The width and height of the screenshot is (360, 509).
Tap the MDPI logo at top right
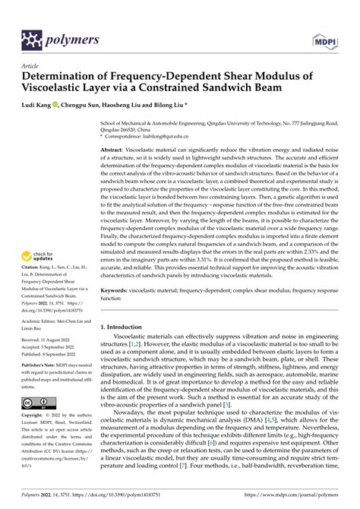click(x=323, y=38)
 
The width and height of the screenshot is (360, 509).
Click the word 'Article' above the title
click(x=33, y=66)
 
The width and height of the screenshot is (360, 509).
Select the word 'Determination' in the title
click(x=63, y=77)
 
